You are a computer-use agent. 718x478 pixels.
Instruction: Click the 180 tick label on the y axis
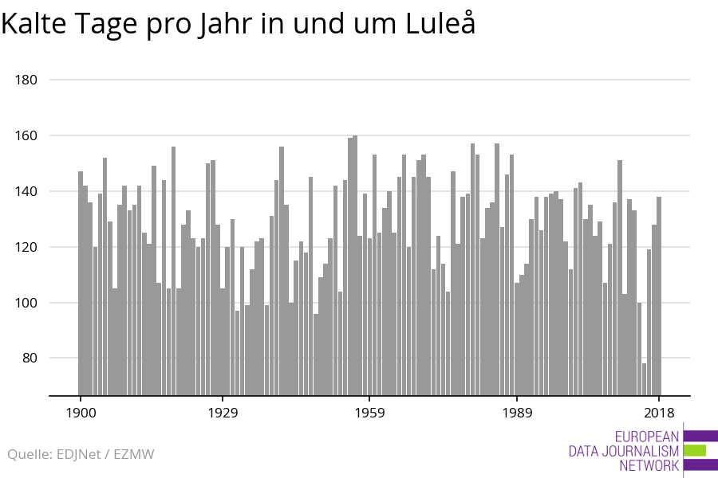27,80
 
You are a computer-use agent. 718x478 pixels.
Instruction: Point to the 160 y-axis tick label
27,136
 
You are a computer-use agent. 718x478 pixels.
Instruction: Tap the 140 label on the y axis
27,192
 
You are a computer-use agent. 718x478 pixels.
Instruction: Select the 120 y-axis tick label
27,248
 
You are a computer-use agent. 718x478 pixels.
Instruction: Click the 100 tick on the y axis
27,304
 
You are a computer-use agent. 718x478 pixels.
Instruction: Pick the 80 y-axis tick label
30,358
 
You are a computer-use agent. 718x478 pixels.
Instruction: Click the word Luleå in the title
440,24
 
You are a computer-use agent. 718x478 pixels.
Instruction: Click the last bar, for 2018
659,296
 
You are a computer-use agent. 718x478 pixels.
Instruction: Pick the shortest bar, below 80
644,379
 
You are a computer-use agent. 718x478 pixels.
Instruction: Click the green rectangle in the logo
695,450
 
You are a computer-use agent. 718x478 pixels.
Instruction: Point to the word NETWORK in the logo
649,465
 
